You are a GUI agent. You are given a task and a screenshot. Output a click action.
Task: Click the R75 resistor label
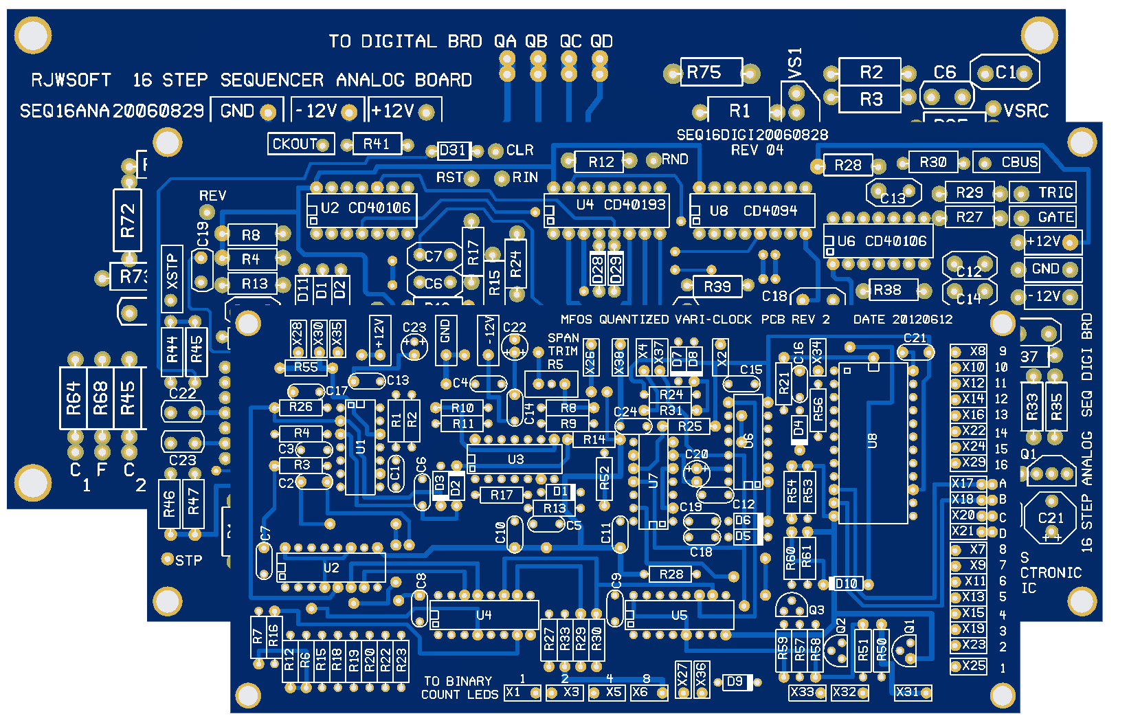coord(704,72)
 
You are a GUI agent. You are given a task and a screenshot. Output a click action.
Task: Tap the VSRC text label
coord(1027,111)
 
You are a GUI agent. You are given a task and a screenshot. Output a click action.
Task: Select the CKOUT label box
coord(295,144)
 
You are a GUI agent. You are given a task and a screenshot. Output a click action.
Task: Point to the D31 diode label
coord(453,150)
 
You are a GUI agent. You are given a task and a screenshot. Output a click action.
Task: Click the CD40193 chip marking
coord(635,205)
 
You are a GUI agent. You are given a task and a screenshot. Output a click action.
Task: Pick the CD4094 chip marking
coord(770,211)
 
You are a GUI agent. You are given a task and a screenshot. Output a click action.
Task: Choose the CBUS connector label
coord(1019,162)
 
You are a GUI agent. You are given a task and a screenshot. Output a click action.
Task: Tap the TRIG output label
coord(1055,192)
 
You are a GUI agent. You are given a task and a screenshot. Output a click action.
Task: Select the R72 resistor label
coord(128,221)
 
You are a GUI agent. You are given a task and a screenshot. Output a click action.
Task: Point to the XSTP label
coord(172,271)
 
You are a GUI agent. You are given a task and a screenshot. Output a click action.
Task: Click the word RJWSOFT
coord(71,80)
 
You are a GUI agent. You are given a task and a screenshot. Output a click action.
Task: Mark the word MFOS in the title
coord(577,320)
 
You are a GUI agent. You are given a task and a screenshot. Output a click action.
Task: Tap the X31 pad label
coord(907,692)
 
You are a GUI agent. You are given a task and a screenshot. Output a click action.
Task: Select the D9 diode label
coord(735,682)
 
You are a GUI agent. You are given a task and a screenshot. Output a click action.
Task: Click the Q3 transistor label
coord(816,610)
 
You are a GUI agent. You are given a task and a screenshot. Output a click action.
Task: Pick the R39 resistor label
coord(717,287)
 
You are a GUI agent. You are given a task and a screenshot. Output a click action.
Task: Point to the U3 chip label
coord(515,459)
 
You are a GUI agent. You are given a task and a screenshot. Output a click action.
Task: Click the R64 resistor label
coord(74,399)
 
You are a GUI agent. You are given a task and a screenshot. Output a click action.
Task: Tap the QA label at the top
coord(505,41)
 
